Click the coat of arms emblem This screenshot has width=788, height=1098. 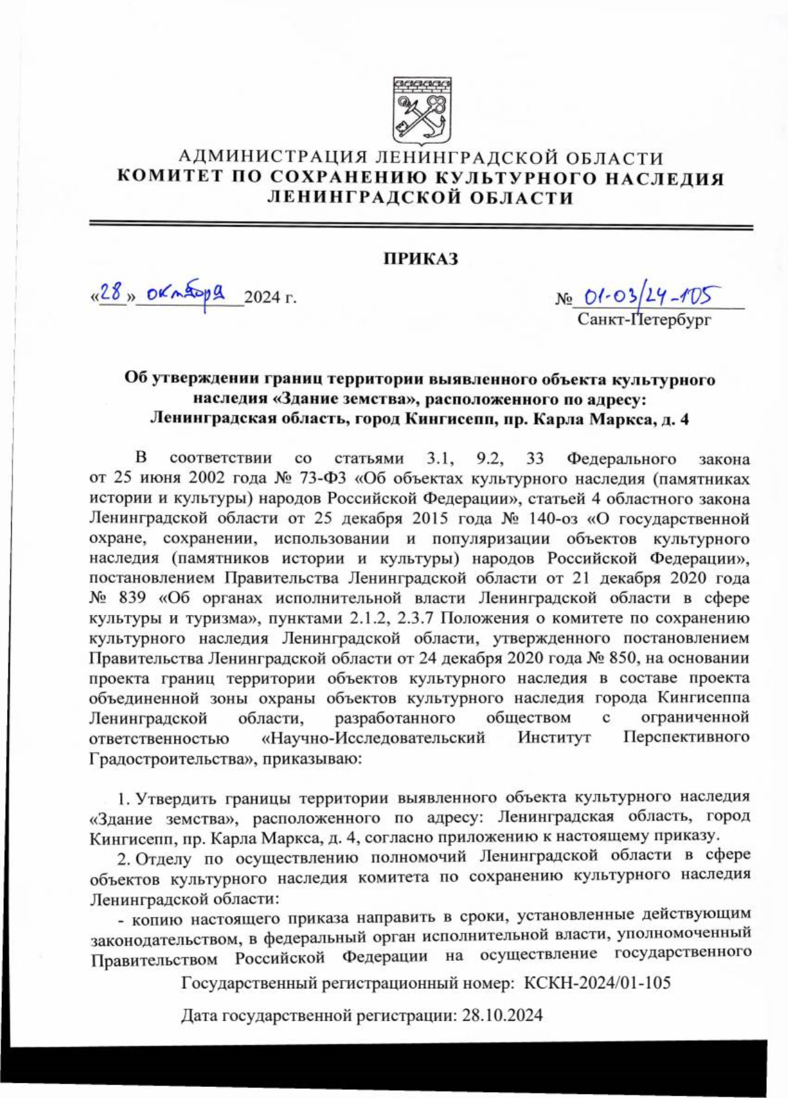(x=422, y=110)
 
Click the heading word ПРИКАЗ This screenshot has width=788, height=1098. (x=421, y=259)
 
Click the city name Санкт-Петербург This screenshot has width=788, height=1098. (x=644, y=320)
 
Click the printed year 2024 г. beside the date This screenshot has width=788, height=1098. (x=271, y=298)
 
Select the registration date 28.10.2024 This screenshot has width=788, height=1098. (x=502, y=1016)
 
